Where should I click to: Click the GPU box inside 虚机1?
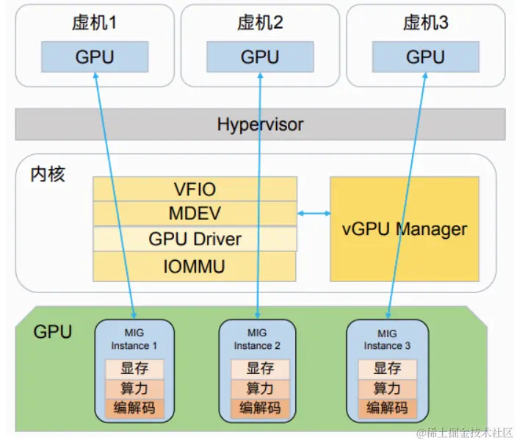coord(95,56)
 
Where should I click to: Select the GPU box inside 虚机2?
coord(260,56)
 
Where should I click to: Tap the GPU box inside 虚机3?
coord(426,56)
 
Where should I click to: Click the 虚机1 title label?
coord(95,23)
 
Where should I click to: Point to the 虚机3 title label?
coord(426,23)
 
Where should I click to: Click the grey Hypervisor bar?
coord(260,124)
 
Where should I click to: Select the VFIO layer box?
coord(195,189)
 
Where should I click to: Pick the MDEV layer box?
coord(195,214)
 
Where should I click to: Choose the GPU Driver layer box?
coord(195,239)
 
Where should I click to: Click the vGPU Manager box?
coord(405,228)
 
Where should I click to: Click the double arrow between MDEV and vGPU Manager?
coord(314,214)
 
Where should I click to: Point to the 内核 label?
coord(48,174)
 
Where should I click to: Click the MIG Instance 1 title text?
coord(134,339)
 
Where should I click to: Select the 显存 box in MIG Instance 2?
coord(260,369)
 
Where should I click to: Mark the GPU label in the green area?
coord(53,332)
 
